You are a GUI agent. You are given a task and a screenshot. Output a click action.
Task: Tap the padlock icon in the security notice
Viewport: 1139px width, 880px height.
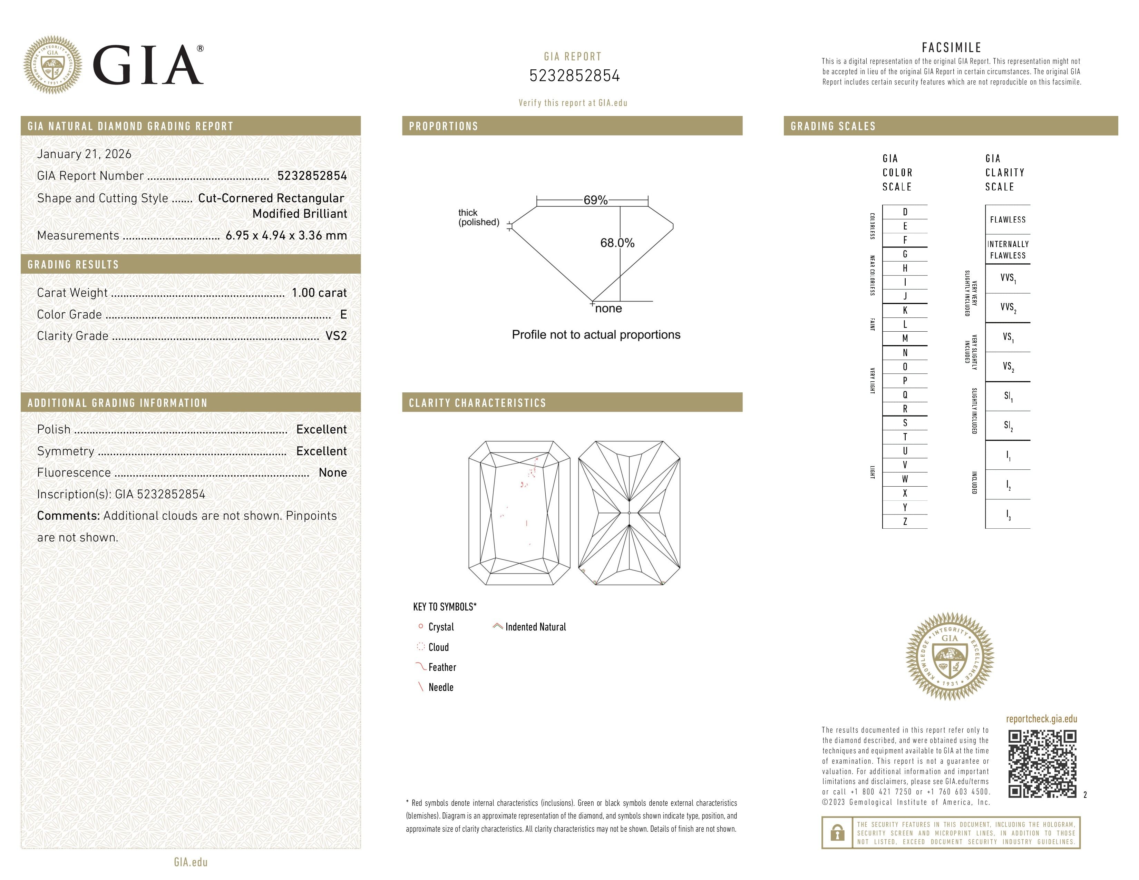[x=837, y=833]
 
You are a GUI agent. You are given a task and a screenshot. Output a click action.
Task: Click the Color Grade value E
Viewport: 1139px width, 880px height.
[x=343, y=314]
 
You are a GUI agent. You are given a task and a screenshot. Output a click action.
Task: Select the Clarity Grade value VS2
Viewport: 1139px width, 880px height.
[x=336, y=336]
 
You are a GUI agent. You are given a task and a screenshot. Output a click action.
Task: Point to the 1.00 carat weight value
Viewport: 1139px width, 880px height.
[x=319, y=293]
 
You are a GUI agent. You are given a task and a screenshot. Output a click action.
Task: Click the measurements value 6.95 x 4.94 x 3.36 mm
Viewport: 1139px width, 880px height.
[x=286, y=236]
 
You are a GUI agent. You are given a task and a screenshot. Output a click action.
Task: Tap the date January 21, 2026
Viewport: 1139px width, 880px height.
[x=84, y=154]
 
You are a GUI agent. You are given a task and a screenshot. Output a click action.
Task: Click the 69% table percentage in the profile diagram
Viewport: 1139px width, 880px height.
[x=595, y=200]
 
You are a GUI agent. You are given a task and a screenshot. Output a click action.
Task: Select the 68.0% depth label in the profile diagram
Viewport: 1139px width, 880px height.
[x=617, y=243]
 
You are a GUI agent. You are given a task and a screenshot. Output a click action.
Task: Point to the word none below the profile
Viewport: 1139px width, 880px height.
[x=608, y=309]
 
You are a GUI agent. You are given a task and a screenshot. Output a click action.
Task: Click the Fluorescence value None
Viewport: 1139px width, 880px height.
[x=332, y=473]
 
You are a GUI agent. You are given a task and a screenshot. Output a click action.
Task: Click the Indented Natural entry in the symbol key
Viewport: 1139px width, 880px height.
[x=535, y=627]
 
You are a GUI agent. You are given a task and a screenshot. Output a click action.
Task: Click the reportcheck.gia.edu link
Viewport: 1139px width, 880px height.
[x=1041, y=719]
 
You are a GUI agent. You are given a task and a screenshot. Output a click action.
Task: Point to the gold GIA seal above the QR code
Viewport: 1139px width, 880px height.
[x=950, y=656]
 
